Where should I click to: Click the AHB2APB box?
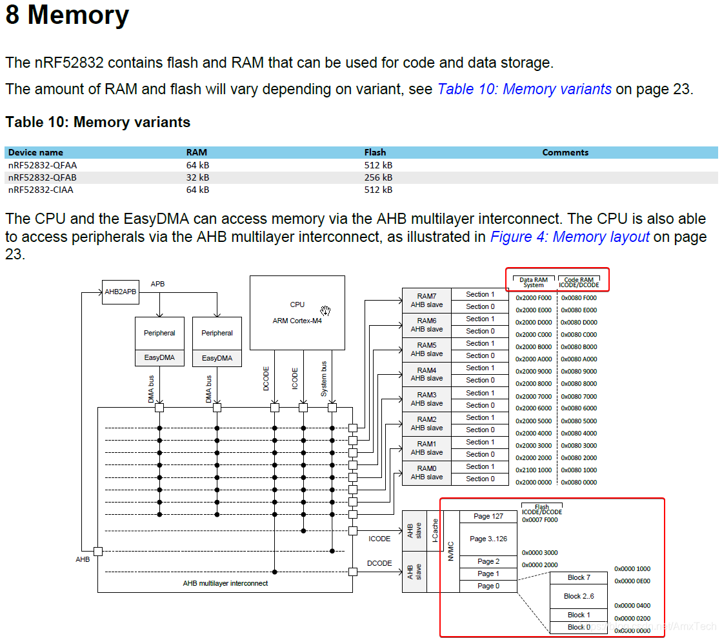[121, 291]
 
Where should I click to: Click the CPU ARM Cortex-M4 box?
[297, 312]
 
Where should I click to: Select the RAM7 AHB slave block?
[426, 301]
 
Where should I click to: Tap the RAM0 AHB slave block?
[426, 472]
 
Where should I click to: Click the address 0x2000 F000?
[534, 298]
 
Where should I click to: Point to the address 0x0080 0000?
[579, 483]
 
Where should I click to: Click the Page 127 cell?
[488, 516]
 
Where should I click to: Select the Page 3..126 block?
[488, 539]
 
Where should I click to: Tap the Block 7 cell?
[578, 577]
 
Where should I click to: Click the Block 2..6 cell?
[578, 596]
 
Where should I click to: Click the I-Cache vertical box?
[434, 530]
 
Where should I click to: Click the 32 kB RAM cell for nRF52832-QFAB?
[197, 177]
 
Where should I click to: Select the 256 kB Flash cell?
[378, 177]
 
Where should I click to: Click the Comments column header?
[565, 153]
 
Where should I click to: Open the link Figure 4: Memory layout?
[569, 237]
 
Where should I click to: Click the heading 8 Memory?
[67, 15]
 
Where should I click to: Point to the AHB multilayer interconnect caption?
[225, 583]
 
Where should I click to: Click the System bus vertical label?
[324, 378]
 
